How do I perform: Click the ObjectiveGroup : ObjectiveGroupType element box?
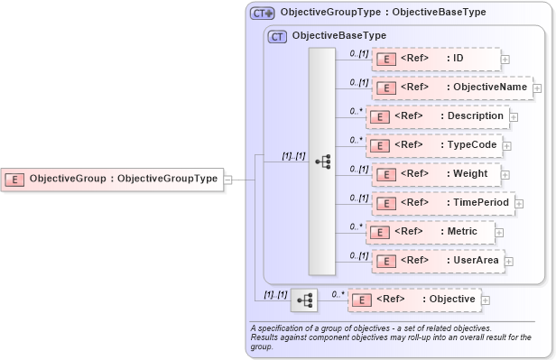112,179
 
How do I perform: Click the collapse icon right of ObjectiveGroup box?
228,179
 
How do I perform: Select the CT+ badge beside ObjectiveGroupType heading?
263,13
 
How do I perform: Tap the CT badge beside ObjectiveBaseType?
277,36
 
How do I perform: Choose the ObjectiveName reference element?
451,88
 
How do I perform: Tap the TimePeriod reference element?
442,203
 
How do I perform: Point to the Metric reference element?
430,232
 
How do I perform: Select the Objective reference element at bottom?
413,299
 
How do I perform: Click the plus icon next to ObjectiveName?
537,88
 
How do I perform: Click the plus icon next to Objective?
486,300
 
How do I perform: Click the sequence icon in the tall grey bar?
322,162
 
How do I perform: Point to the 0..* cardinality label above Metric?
356,226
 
